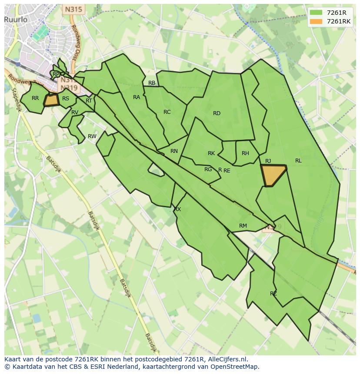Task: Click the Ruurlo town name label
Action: click(16, 20)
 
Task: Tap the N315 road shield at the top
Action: click(73, 9)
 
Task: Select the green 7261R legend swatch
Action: click(316, 13)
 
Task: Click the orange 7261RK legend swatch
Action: click(316, 21)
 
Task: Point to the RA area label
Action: click(137, 97)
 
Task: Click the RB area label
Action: click(152, 83)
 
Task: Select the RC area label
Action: click(167, 112)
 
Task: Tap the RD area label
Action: click(217, 113)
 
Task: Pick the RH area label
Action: click(245, 153)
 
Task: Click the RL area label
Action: click(298, 161)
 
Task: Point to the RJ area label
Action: click(268, 161)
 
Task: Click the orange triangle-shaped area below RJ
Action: click(273, 175)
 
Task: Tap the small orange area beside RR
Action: click(52, 100)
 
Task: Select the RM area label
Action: click(243, 226)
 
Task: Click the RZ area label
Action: click(273, 294)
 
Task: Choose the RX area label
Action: click(177, 209)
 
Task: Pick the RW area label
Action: click(92, 136)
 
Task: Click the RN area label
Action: click(174, 151)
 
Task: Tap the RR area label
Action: click(35, 98)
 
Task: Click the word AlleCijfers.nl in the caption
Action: click(226, 359)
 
